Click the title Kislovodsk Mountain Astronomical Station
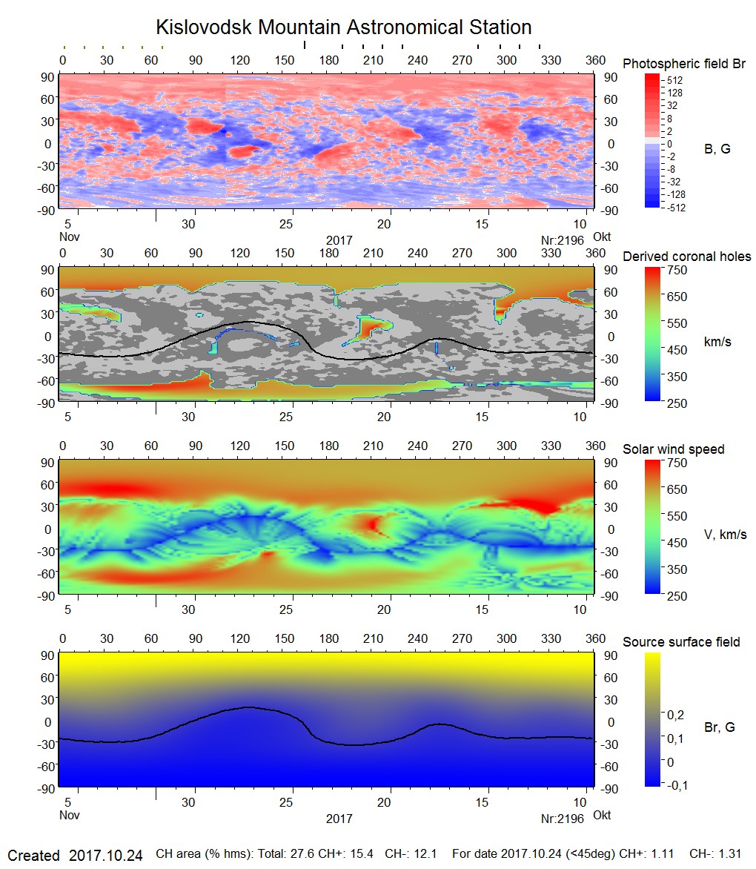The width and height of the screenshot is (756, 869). (343, 28)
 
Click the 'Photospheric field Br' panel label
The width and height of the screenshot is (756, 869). (683, 64)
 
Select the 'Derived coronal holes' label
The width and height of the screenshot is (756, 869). (686, 257)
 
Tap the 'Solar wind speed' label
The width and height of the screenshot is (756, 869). (673, 449)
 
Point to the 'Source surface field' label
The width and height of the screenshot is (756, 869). (680, 642)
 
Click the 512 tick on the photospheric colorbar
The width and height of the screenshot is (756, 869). (674, 80)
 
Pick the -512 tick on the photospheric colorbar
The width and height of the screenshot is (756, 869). (674, 208)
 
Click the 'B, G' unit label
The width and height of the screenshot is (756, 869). (717, 149)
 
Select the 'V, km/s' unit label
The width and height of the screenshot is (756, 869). (725, 535)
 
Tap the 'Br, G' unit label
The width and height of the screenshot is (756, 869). (719, 727)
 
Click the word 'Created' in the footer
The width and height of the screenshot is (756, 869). (33, 856)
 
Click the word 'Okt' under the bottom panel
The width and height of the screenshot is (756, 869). (602, 815)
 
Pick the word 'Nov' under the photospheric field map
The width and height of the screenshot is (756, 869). (69, 237)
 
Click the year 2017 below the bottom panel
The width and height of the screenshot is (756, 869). (339, 819)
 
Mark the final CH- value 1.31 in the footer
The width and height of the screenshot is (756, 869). (730, 855)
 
